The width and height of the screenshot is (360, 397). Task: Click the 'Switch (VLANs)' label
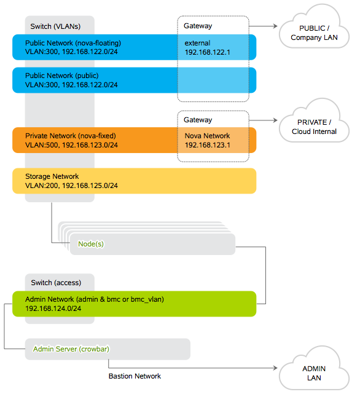pyautogui.click(x=55, y=26)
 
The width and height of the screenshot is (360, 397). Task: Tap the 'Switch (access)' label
pyautogui.click(x=56, y=283)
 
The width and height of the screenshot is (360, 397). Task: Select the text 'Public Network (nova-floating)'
pyautogui.click(x=73, y=43)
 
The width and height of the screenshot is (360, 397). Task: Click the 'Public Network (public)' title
pyautogui.click(x=62, y=76)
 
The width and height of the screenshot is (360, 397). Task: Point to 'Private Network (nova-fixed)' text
pyautogui.click(x=71, y=136)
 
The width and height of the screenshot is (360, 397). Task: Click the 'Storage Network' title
pyautogui.click(x=52, y=176)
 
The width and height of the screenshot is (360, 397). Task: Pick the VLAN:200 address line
pyautogui.click(x=71, y=186)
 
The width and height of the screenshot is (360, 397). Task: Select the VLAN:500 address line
pyautogui.click(x=71, y=145)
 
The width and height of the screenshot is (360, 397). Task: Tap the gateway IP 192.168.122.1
pyautogui.click(x=208, y=52)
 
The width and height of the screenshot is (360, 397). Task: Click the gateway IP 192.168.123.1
pyautogui.click(x=208, y=145)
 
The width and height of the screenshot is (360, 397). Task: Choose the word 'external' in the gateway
pyautogui.click(x=197, y=43)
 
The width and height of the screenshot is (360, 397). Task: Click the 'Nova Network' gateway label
pyautogui.click(x=207, y=136)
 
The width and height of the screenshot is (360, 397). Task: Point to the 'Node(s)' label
pyautogui.click(x=91, y=244)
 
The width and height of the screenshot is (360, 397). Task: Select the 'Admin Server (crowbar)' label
pyautogui.click(x=71, y=349)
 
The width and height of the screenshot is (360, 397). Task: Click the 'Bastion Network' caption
pyautogui.click(x=135, y=376)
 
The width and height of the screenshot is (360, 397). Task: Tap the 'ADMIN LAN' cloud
pyautogui.click(x=314, y=368)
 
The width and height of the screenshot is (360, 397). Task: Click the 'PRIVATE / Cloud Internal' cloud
pyautogui.click(x=314, y=122)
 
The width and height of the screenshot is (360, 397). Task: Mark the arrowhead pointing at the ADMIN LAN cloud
pyautogui.click(x=275, y=368)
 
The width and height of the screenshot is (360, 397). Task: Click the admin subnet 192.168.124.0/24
pyautogui.click(x=53, y=309)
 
